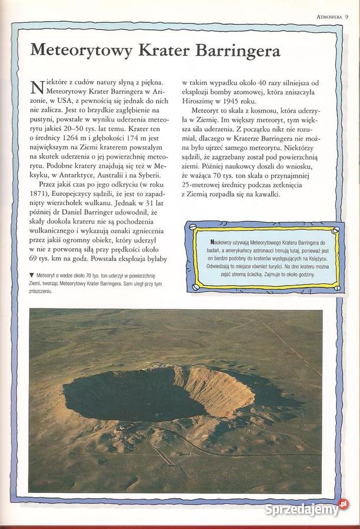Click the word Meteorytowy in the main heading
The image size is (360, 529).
pyautogui.click(x=81, y=51)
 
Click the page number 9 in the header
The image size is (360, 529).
pyautogui.click(x=347, y=16)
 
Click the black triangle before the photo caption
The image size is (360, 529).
pyautogui.click(x=31, y=274)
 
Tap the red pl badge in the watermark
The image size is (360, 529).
pyautogui.click(x=343, y=504)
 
